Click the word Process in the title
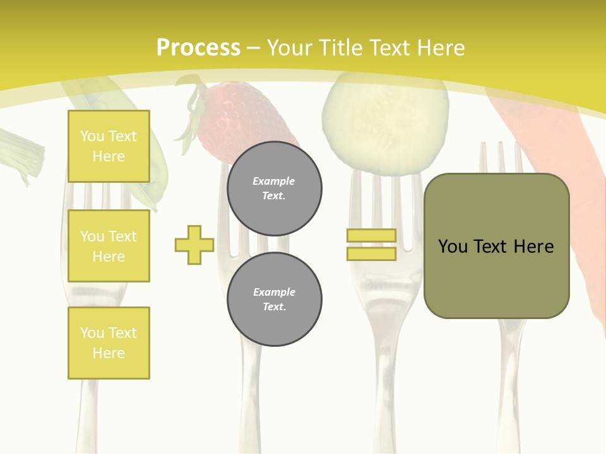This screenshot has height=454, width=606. (x=198, y=48)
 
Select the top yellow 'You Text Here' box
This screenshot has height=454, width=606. (x=109, y=146)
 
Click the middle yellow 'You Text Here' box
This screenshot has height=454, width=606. (x=109, y=246)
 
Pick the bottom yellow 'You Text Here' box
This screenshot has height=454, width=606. (x=109, y=342)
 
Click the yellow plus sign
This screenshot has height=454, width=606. (x=194, y=245)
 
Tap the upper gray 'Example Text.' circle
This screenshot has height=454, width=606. (x=274, y=189)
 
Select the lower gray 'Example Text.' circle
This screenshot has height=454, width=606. (x=274, y=299)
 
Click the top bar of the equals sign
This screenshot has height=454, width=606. (x=371, y=236)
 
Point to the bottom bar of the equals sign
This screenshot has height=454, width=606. (x=371, y=254)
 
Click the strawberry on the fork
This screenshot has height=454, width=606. (x=240, y=117)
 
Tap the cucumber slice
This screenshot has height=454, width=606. (x=385, y=123)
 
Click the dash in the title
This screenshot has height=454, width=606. (x=254, y=48)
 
